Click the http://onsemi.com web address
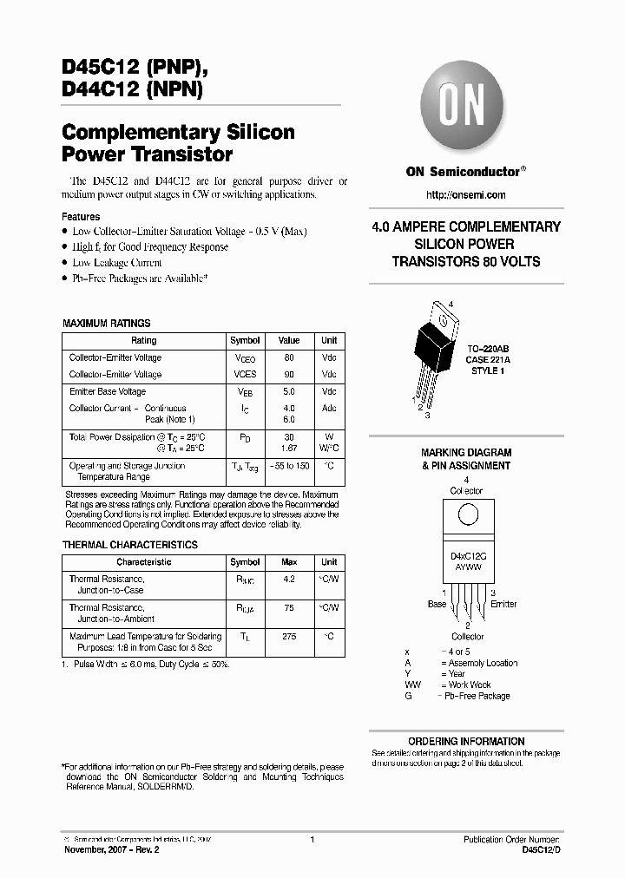(x=465, y=195)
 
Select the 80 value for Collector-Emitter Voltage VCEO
(x=289, y=357)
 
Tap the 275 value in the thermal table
(x=289, y=636)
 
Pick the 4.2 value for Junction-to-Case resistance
(x=289, y=579)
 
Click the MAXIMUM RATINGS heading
(x=106, y=323)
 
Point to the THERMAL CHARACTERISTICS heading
(x=130, y=545)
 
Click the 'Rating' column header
(x=143, y=341)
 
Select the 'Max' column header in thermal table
(x=289, y=562)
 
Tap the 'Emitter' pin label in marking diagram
(x=503, y=604)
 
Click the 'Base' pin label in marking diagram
(x=437, y=604)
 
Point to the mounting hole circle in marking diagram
(x=467, y=514)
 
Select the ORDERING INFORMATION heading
(x=466, y=741)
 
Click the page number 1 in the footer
(x=312, y=840)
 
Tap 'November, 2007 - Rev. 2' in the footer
(x=112, y=851)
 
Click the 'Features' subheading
(x=81, y=216)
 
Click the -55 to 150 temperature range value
(x=289, y=466)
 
